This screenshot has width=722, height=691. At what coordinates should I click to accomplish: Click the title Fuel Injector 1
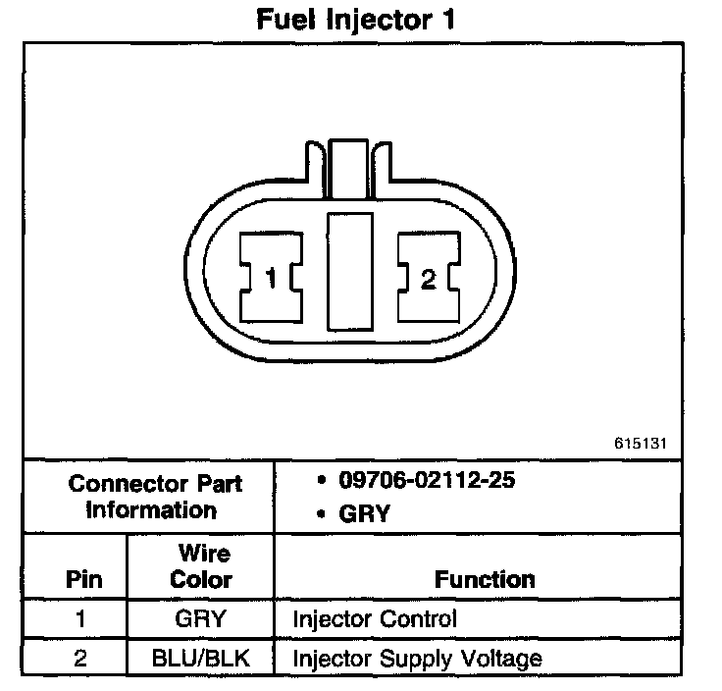pyautogui.click(x=356, y=20)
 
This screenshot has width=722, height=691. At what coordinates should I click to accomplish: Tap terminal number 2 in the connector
pyautogui.click(x=428, y=280)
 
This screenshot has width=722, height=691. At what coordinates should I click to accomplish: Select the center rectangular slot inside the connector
pyautogui.click(x=350, y=269)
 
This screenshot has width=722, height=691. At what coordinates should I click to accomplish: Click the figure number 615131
pyautogui.click(x=641, y=443)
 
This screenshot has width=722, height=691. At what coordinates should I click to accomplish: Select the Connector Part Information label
pyautogui.click(x=155, y=497)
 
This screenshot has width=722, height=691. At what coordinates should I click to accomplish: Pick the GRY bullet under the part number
pyautogui.click(x=363, y=513)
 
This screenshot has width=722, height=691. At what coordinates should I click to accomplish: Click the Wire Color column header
pyautogui.click(x=200, y=566)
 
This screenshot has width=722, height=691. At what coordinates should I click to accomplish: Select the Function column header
pyautogui.click(x=485, y=579)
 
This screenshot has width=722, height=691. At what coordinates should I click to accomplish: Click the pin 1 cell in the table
pyautogui.click(x=82, y=620)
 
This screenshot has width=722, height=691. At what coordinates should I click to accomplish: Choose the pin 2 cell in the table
pyautogui.click(x=82, y=658)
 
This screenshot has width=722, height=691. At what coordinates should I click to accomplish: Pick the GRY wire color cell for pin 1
pyautogui.click(x=200, y=620)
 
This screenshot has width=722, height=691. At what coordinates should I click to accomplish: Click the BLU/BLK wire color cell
pyautogui.click(x=200, y=658)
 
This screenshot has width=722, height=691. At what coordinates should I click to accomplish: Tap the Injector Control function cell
pyautogui.click(x=375, y=620)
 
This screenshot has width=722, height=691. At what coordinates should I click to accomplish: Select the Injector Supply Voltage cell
pyautogui.click(x=418, y=658)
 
